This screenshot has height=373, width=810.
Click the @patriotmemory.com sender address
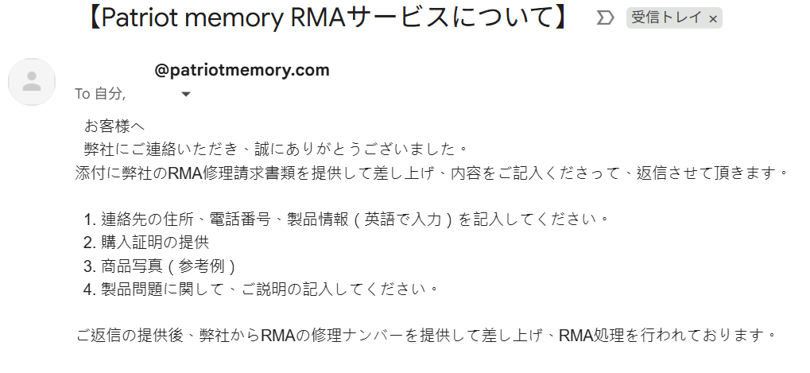coord(242,70)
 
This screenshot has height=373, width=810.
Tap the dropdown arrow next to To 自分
coord(186,95)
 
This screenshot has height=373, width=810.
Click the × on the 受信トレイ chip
coord(713,19)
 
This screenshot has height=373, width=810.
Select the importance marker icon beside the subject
coord(605,18)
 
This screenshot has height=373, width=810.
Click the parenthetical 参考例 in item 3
coord(202,266)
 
